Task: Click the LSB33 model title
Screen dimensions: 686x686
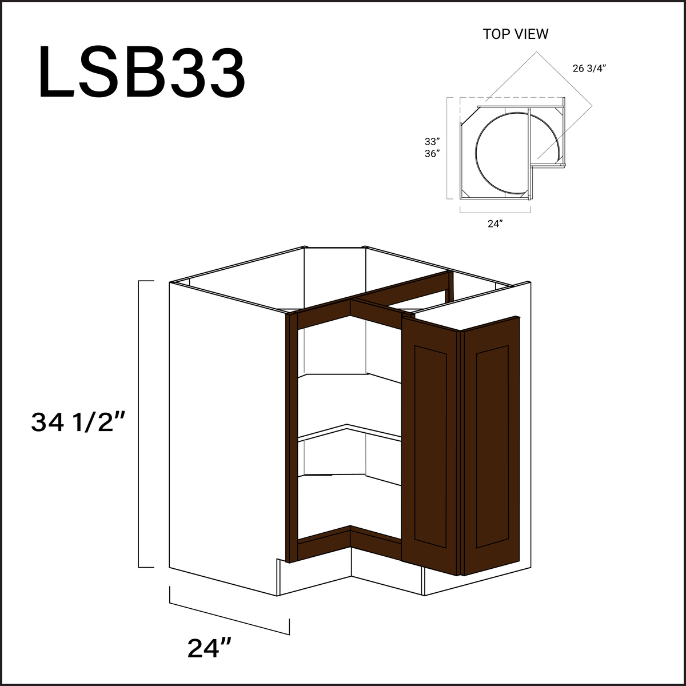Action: tap(142, 74)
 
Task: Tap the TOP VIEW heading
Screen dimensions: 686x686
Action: tap(515, 34)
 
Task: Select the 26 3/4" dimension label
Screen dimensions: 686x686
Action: tap(589, 69)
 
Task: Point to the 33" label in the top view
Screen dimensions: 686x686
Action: tap(432, 141)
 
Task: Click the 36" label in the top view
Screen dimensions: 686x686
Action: tap(432, 154)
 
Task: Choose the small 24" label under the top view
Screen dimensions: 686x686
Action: tap(494, 224)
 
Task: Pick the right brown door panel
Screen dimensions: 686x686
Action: tap(492, 446)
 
